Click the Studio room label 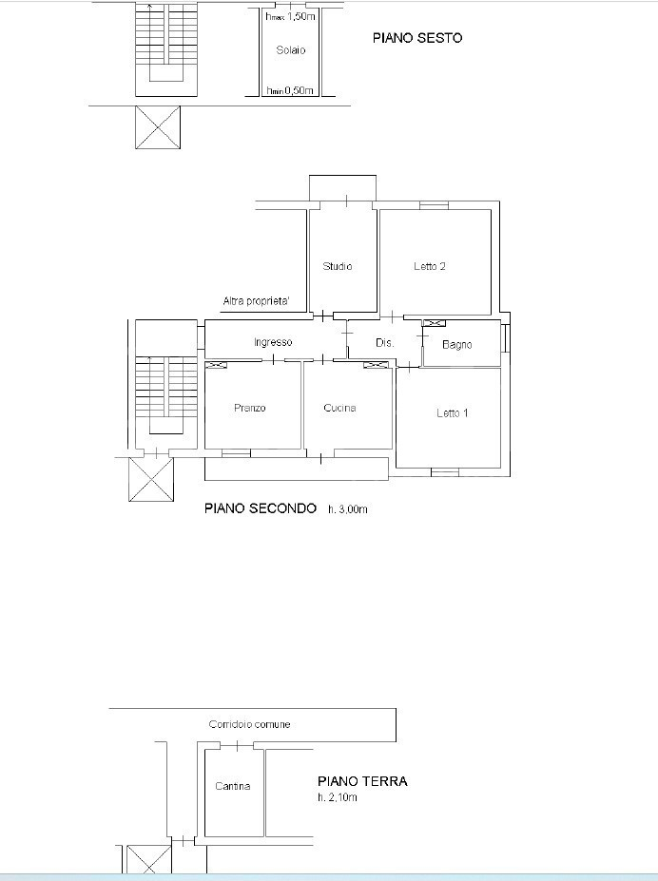pyautogui.click(x=338, y=266)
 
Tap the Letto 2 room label pyautogui.click(x=430, y=266)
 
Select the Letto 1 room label pyautogui.click(x=453, y=413)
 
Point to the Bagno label pyautogui.click(x=456, y=344)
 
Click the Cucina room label pyautogui.click(x=339, y=408)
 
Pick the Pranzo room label pyautogui.click(x=249, y=408)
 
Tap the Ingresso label pyautogui.click(x=273, y=342)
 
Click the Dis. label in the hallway pyautogui.click(x=384, y=342)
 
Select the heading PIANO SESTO pyautogui.click(x=417, y=38)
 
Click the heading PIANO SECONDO pyautogui.click(x=261, y=508)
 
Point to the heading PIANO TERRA pyautogui.click(x=362, y=781)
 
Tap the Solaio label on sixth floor pyautogui.click(x=291, y=50)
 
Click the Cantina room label pyautogui.click(x=233, y=786)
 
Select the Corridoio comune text pyautogui.click(x=249, y=724)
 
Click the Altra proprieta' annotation pyautogui.click(x=256, y=301)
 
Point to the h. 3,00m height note pyautogui.click(x=348, y=509)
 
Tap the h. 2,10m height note pyautogui.click(x=338, y=797)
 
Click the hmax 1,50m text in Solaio pyautogui.click(x=291, y=16)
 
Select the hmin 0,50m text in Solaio pyautogui.click(x=290, y=90)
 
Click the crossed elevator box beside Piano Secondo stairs pyautogui.click(x=151, y=479)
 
